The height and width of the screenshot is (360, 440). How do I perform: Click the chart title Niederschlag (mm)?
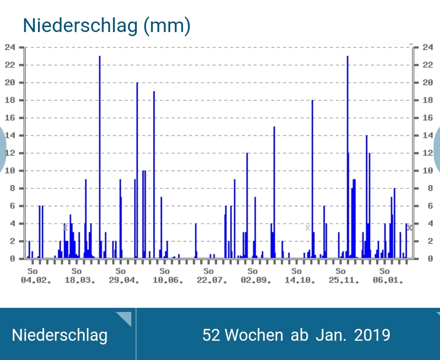point(106,26)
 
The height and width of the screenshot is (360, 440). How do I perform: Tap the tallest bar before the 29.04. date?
point(100,156)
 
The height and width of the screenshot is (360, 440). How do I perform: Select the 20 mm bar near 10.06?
point(137,169)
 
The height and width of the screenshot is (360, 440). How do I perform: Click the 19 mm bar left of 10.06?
point(154,174)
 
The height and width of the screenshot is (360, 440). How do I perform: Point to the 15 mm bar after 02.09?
point(274,192)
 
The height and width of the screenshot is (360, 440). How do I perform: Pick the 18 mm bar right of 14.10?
point(312,178)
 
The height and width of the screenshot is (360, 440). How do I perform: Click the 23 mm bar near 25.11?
point(348,156)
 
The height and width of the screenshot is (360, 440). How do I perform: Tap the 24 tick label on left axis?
point(10,47)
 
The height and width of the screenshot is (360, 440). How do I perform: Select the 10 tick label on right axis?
point(428,171)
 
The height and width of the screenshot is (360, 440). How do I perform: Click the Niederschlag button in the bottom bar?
point(60,335)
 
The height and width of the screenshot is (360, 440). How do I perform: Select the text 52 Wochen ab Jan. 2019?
point(296,335)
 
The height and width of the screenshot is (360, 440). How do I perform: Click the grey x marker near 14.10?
point(307,227)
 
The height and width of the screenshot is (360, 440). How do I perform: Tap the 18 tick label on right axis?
point(428,100)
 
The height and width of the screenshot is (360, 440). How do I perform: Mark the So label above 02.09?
point(252,272)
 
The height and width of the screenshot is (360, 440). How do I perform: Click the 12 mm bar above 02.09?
point(247,206)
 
